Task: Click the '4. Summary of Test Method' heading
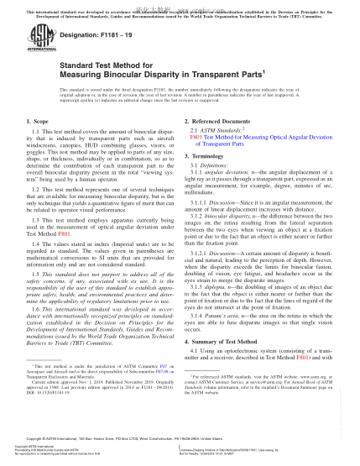pyautogui.click(x=224, y=342)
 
